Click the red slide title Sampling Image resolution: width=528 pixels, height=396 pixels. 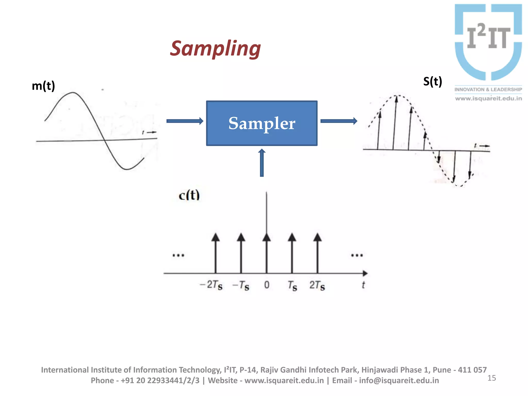click(x=215, y=49)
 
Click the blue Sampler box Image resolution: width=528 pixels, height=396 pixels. click(x=262, y=123)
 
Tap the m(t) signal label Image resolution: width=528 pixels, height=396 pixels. click(x=43, y=86)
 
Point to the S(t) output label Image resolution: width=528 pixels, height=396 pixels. click(x=433, y=81)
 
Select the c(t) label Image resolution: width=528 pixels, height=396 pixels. click(x=189, y=195)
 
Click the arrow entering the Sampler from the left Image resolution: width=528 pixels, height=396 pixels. click(x=185, y=121)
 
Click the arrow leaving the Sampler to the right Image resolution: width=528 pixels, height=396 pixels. click(x=339, y=121)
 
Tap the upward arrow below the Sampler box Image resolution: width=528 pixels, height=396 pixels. click(x=262, y=163)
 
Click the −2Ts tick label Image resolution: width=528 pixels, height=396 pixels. click(x=211, y=285)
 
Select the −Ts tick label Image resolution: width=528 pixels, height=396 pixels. click(x=241, y=285)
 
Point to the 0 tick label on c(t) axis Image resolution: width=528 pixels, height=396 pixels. click(x=267, y=285)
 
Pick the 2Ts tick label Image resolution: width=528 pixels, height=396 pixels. click(x=317, y=285)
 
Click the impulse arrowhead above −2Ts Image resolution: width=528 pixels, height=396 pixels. click(x=216, y=237)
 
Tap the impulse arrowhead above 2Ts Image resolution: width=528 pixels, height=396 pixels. click(x=317, y=237)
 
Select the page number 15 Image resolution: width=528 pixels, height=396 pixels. click(x=492, y=378)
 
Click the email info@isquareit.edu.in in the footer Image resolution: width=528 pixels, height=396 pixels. click(x=399, y=381)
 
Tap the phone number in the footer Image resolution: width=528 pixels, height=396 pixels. click(x=160, y=381)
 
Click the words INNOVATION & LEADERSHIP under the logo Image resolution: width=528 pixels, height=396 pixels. click(x=488, y=89)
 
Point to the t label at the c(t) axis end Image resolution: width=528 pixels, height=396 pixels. click(x=363, y=285)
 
